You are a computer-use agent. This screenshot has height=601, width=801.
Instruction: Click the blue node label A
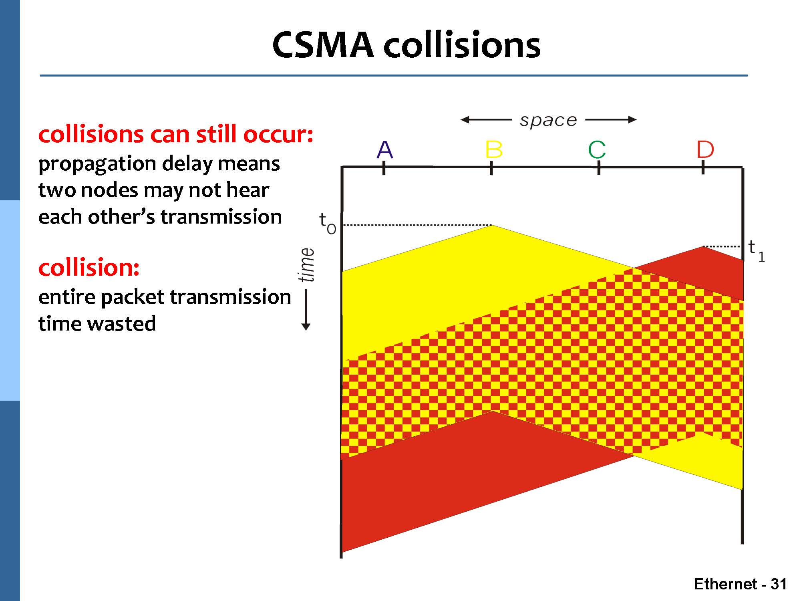pyautogui.click(x=385, y=150)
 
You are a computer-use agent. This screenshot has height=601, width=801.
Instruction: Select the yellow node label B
pyautogui.click(x=493, y=150)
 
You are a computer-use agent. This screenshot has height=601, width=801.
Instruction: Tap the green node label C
pyautogui.click(x=597, y=150)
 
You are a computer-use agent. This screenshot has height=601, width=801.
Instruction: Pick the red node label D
pyautogui.click(x=705, y=150)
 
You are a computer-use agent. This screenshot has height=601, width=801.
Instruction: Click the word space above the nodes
pyautogui.click(x=548, y=120)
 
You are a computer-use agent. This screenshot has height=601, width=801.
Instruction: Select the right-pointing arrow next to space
pyautogui.click(x=611, y=119)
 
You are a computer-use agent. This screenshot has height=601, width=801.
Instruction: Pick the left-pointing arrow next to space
pyautogui.click(x=486, y=119)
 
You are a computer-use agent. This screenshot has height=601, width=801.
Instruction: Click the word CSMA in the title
pyautogui.click(x=323, y=45)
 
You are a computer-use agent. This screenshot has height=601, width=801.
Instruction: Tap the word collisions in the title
pyautogui.click(x=462, y=45)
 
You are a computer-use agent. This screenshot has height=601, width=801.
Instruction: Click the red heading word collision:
pyautogui.click(x=89, y=267)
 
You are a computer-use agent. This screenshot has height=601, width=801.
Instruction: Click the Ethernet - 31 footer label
pyautogui.click(x=740, y=584)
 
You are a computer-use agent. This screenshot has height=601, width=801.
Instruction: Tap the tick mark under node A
pyautogui.click(x=384, y=167)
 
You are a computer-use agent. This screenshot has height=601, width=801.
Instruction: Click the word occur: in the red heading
pyautogui.click(x=278, y=134)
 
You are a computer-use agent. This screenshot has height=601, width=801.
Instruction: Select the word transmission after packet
pyautogui.click(x=230, y=297)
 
